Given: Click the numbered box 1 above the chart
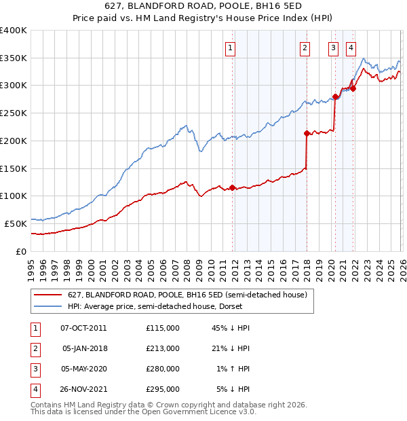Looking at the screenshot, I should coord(231,48).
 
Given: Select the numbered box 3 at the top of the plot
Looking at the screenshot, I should coord(334,48).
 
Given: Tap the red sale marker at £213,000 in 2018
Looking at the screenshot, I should coord(307,133).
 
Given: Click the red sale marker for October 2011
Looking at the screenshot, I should coord(232,187).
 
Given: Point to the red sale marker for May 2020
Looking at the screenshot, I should coord(335,96).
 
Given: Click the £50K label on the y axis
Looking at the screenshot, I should coord(16,223).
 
